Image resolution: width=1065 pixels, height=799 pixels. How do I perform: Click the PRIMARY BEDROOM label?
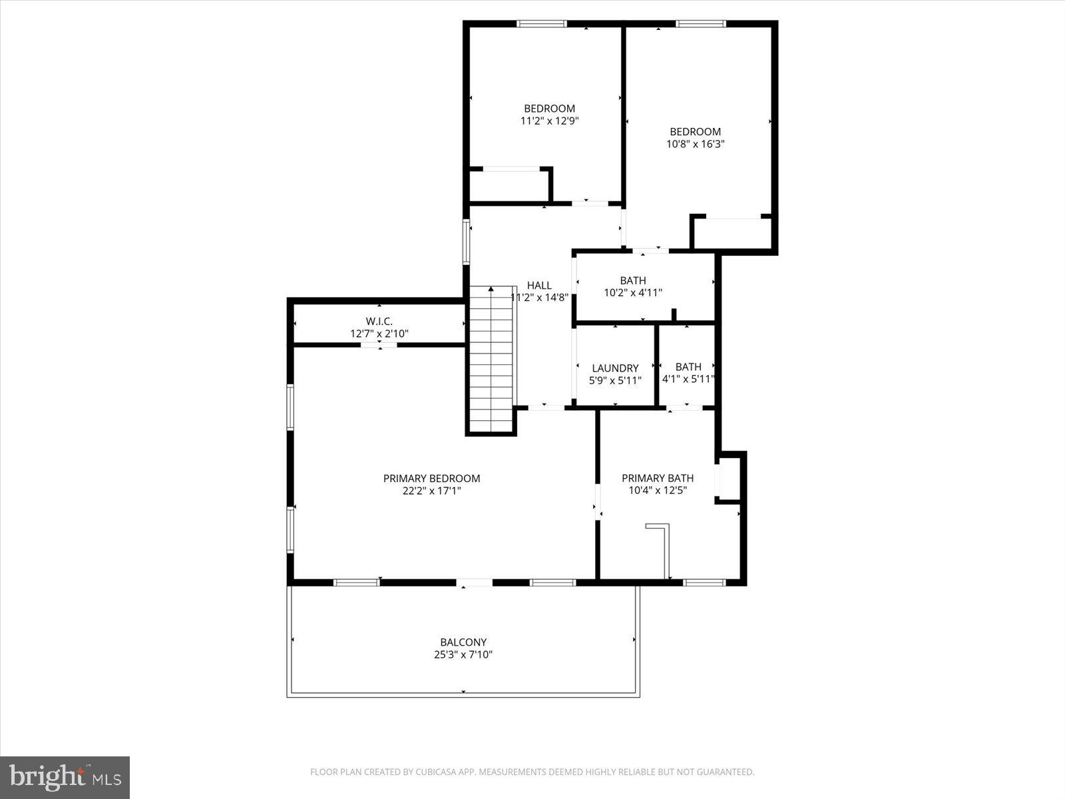(x=431, y=478)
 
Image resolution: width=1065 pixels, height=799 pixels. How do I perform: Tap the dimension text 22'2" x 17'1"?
(x=431, y=491)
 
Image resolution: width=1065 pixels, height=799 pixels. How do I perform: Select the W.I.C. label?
(x=379, y=321)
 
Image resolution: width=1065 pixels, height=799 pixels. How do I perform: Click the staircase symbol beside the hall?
(x=492, y=360)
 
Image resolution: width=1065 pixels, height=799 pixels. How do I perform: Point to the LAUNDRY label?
(x=615, y=368)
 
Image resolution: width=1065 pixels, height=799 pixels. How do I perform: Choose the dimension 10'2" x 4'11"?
(x=632, y=292)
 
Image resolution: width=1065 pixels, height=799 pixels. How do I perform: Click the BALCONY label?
(x=463, y=643)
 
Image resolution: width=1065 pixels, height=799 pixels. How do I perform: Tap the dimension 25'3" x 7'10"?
(x=463, y=655)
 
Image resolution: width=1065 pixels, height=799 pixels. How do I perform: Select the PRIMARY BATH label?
(x=658, y=478)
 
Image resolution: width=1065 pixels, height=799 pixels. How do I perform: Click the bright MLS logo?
(x=65, y=777)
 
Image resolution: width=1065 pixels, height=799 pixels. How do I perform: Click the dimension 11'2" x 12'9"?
(x=549, y=121)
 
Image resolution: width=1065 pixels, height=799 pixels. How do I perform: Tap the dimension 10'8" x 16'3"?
(x=695, y=144)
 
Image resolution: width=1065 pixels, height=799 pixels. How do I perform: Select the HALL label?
(x=539, y=285)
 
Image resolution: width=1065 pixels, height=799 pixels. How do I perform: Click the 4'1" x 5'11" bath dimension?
(x=688, y=380)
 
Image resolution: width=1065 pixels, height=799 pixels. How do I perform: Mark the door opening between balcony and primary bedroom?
(x=475, y=583)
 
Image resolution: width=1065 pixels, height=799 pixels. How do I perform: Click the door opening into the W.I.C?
(x=379, y=345)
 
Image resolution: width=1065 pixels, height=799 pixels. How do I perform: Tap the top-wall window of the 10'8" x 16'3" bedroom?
(x=701, y=24)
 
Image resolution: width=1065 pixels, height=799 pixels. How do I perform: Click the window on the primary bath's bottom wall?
(x=704, y=583)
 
